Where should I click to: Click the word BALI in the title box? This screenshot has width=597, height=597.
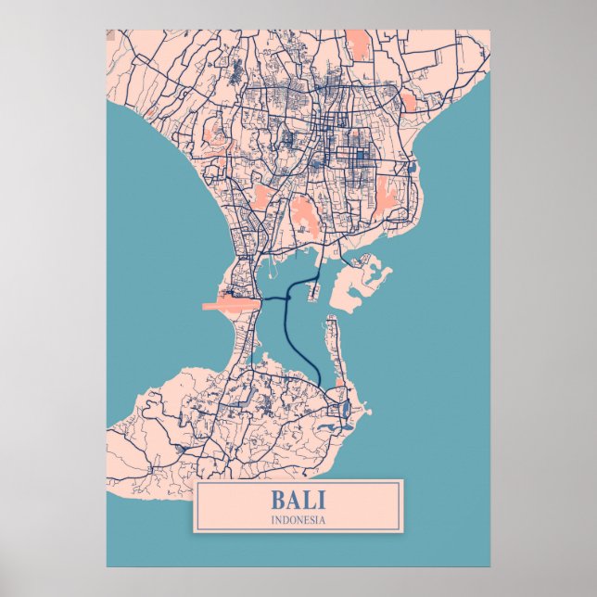(x=298, y=500)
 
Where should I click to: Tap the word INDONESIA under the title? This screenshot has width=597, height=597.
(x=298, y=520)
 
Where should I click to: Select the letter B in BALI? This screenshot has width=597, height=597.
(x=277, y=500)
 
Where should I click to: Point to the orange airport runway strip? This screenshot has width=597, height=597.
(x=231, y=302)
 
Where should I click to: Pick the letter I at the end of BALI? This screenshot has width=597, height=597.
(x=322, y=500)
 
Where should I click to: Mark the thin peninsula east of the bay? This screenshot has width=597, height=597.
(x=333, y=343)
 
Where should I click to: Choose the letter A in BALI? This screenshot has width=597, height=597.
(x=293, y=500)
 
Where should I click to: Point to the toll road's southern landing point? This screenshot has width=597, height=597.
(x=320, y=386)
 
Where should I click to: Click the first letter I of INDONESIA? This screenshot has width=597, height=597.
(x=273, y=520)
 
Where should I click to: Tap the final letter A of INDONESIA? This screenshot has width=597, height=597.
(x=323, y=520)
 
